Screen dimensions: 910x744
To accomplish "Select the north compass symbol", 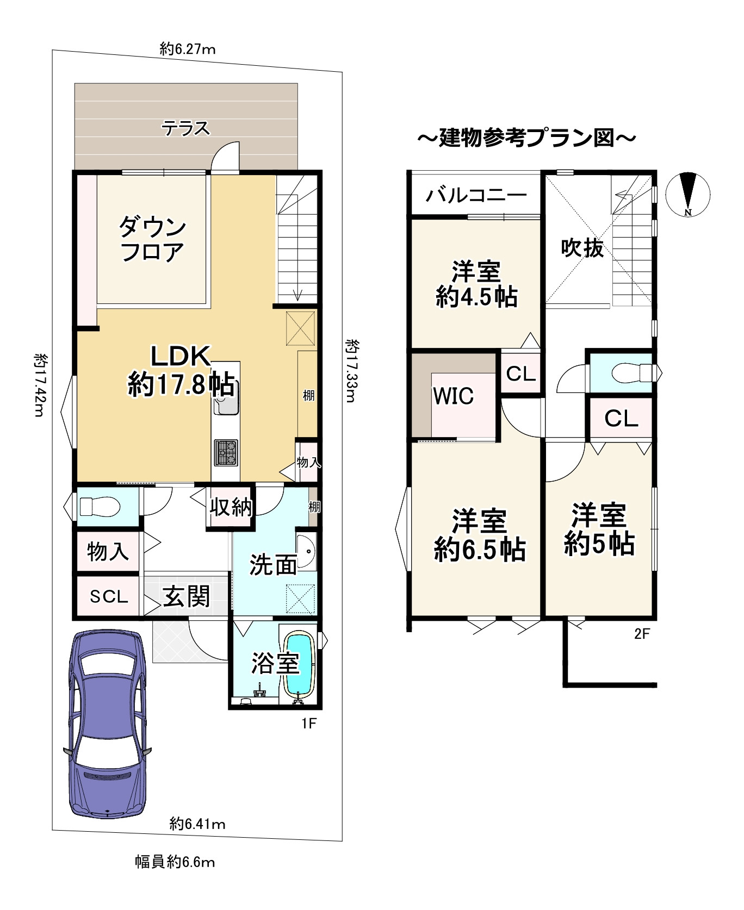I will tap(689, 195).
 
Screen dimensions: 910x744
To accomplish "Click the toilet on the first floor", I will tap(100, 507).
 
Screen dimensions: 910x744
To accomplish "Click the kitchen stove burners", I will tap(226, 452).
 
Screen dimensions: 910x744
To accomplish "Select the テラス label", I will tap(185, 128).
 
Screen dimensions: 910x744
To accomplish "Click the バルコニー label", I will tap(476, 195).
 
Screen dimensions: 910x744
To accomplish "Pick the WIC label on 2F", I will tap(453, 396).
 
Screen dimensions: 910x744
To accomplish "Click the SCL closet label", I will tap(109, 596).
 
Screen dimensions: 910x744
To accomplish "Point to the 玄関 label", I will tap(187, 596).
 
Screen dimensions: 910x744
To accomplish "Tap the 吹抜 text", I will tap(582, 248).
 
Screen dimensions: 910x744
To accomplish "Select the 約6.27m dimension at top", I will tap(188, 49).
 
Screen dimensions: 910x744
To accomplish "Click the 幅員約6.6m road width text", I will tap(175, 862).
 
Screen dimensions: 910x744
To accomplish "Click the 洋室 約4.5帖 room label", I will tap(476, 284).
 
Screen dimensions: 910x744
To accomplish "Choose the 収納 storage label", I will tap(231, 507).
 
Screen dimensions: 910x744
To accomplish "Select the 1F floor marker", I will tap(308, 723).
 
